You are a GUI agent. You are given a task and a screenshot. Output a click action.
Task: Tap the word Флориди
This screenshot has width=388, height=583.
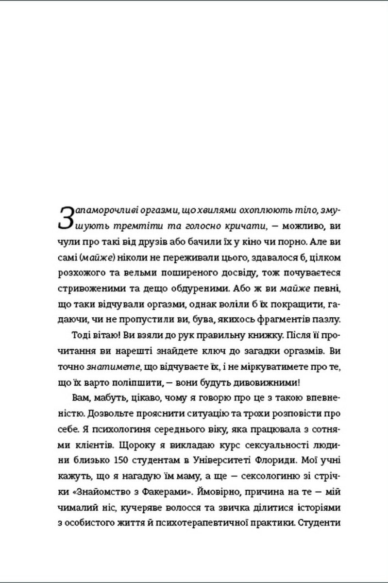tap(274, 460)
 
